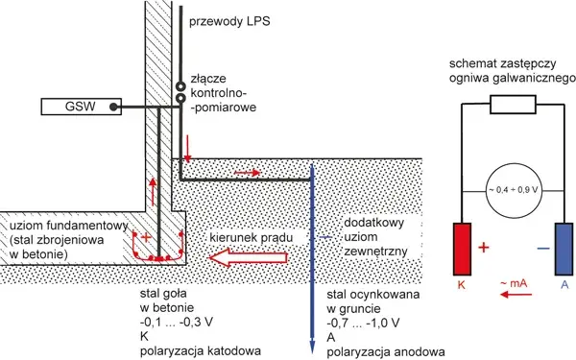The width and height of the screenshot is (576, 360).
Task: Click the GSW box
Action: tap(81, 107)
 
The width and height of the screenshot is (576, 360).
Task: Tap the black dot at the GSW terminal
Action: tap(114, 107)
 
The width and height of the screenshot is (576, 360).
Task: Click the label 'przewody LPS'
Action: tap(229, 21)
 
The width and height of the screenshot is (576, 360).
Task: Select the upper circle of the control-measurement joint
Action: tap(180, 86)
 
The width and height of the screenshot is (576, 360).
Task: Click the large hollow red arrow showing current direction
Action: tap(248, 257)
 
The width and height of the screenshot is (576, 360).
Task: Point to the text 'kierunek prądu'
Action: tap(252, 237)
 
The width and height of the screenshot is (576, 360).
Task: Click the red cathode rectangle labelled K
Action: tap(462, 249)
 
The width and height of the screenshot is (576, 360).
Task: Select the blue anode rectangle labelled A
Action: tap(564, 249)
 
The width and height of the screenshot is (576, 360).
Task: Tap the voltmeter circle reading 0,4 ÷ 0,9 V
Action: tap(514, 190)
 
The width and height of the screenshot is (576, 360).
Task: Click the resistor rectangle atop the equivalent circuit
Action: tap(514, 105)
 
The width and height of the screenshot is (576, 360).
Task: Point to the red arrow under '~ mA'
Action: tap(516, 295)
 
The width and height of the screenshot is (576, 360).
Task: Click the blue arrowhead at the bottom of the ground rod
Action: tap(312, 346)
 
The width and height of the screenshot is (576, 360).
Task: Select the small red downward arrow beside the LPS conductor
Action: tap(187, 149)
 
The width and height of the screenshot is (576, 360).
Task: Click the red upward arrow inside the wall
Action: tap(153, 192)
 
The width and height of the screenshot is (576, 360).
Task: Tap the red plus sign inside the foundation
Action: tap(146, 237)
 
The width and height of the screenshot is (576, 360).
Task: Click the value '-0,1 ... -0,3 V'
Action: tap(177, 322)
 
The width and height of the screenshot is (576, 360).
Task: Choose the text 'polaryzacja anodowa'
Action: tap(386, 351)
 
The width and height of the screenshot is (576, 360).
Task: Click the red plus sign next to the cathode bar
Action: tap(484, 248)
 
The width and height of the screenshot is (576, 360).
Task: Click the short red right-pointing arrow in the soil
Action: tap(248, 172)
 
